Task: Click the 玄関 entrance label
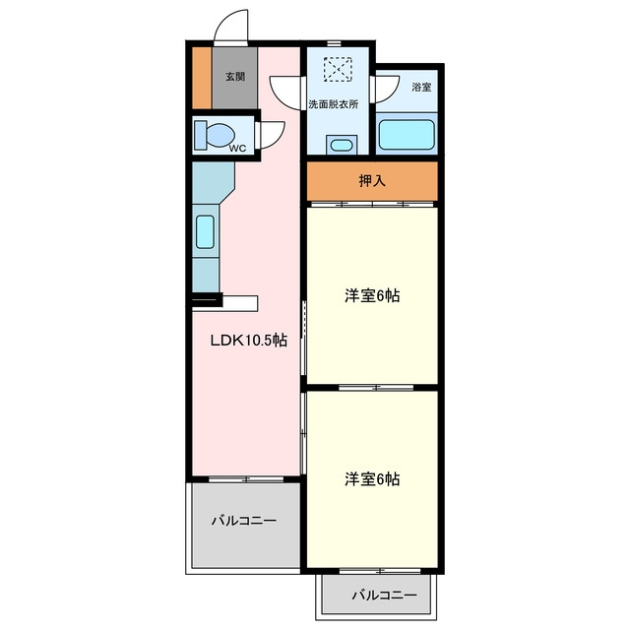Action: tap(235, 77)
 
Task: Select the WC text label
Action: tap(237, 149)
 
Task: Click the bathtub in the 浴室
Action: tap(407, 135)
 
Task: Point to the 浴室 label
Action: tap(421, 87)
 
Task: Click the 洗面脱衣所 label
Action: tap(333, 104)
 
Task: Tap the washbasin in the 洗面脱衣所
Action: tap(342, 145)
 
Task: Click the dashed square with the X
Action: tap(338, 70)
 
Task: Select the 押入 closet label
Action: tap(372, 181)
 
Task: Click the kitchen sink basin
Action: tap(205, 232)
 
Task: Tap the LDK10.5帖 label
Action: tap(249, 341)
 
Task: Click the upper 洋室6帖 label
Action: tap(372, 296)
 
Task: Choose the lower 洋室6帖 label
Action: tap(372, 479)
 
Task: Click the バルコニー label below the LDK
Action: tap(244, 521)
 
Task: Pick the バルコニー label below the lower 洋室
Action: tap(385, 595)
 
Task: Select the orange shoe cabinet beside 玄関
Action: tap(202, 78)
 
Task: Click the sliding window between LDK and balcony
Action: tap(246, 479)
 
